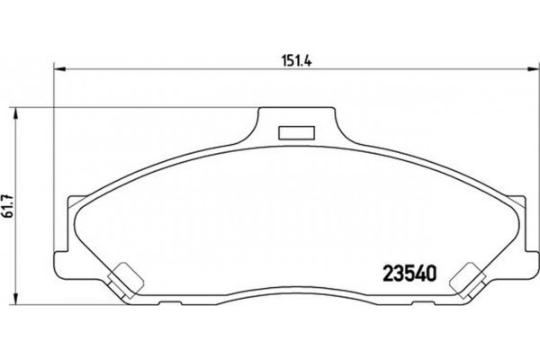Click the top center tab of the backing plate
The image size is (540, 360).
click(x=292, y=126)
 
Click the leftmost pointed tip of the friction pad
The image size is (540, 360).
click(x=70, y=221)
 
